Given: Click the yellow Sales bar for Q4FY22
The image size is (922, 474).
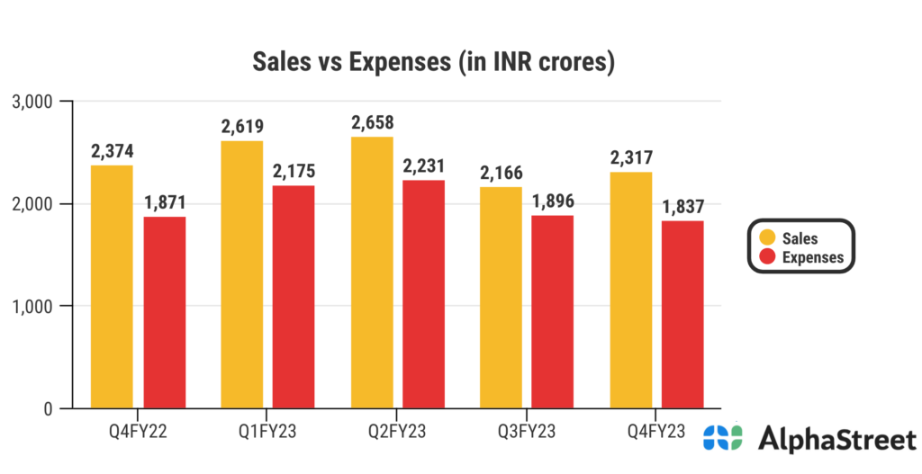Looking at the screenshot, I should tap(112, 287).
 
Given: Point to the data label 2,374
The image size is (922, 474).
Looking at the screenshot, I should tap(112, 150).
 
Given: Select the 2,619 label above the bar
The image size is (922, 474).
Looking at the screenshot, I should tap(243, 126).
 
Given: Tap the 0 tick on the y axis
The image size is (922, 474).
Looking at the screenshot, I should tap(47, 409).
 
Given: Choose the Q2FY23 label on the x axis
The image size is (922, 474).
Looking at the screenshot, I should tap(398, 429).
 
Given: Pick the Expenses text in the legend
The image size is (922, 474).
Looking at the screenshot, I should tap(813, 257).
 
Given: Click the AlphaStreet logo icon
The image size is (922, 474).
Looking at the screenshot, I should tap(723, 439).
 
